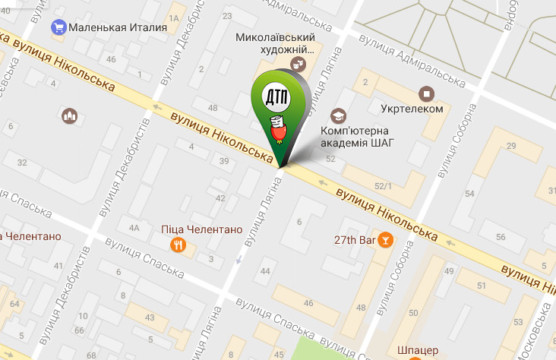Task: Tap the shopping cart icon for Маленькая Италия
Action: (x=58, y=28)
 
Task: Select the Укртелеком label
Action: (x=412, y=109)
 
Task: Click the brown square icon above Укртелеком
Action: (x=427, y=93)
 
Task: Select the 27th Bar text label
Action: (x=355, y=240)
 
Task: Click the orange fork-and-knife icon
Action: (x=178, y=244)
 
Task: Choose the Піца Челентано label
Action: (x=201, y=229)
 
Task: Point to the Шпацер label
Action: (x=417, y=351)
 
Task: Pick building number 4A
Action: (x=134, y=227)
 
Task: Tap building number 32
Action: (x=22, y=163)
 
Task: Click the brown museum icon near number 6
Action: (x=70, y=115)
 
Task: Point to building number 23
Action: (x=226, y=15)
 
